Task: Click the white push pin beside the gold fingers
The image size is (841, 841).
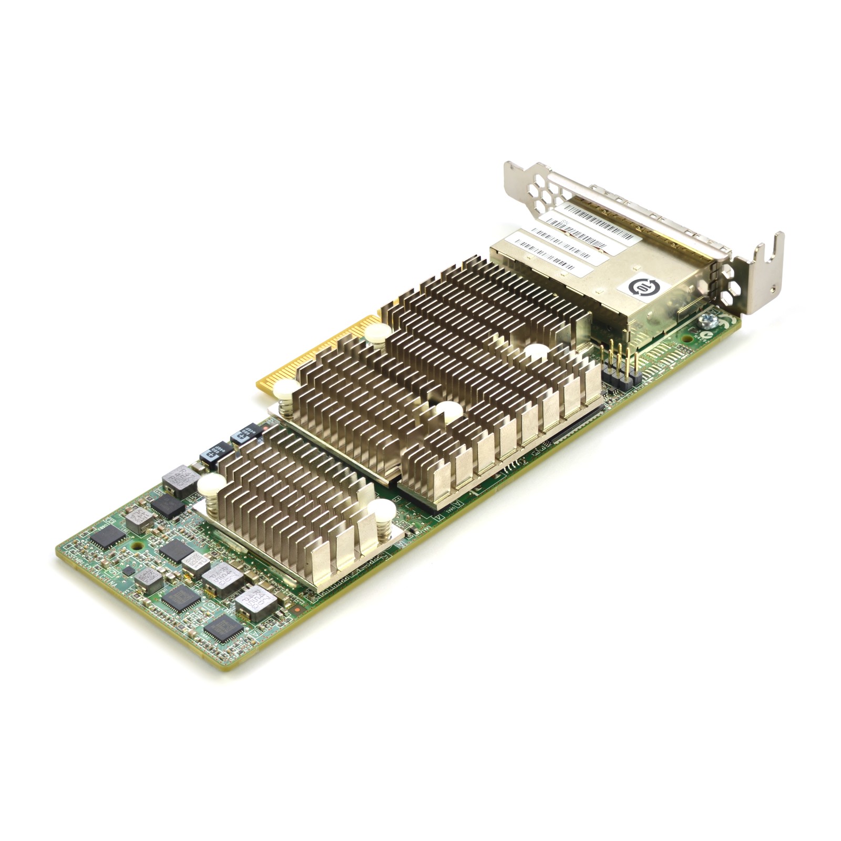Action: pos(285,390)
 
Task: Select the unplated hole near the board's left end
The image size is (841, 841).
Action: pos(137,546)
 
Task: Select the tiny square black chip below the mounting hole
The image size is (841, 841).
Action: pos(128,571)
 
